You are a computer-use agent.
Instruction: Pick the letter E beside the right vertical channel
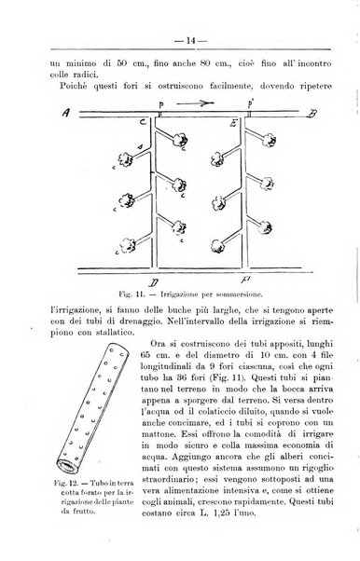tap(232, 121)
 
